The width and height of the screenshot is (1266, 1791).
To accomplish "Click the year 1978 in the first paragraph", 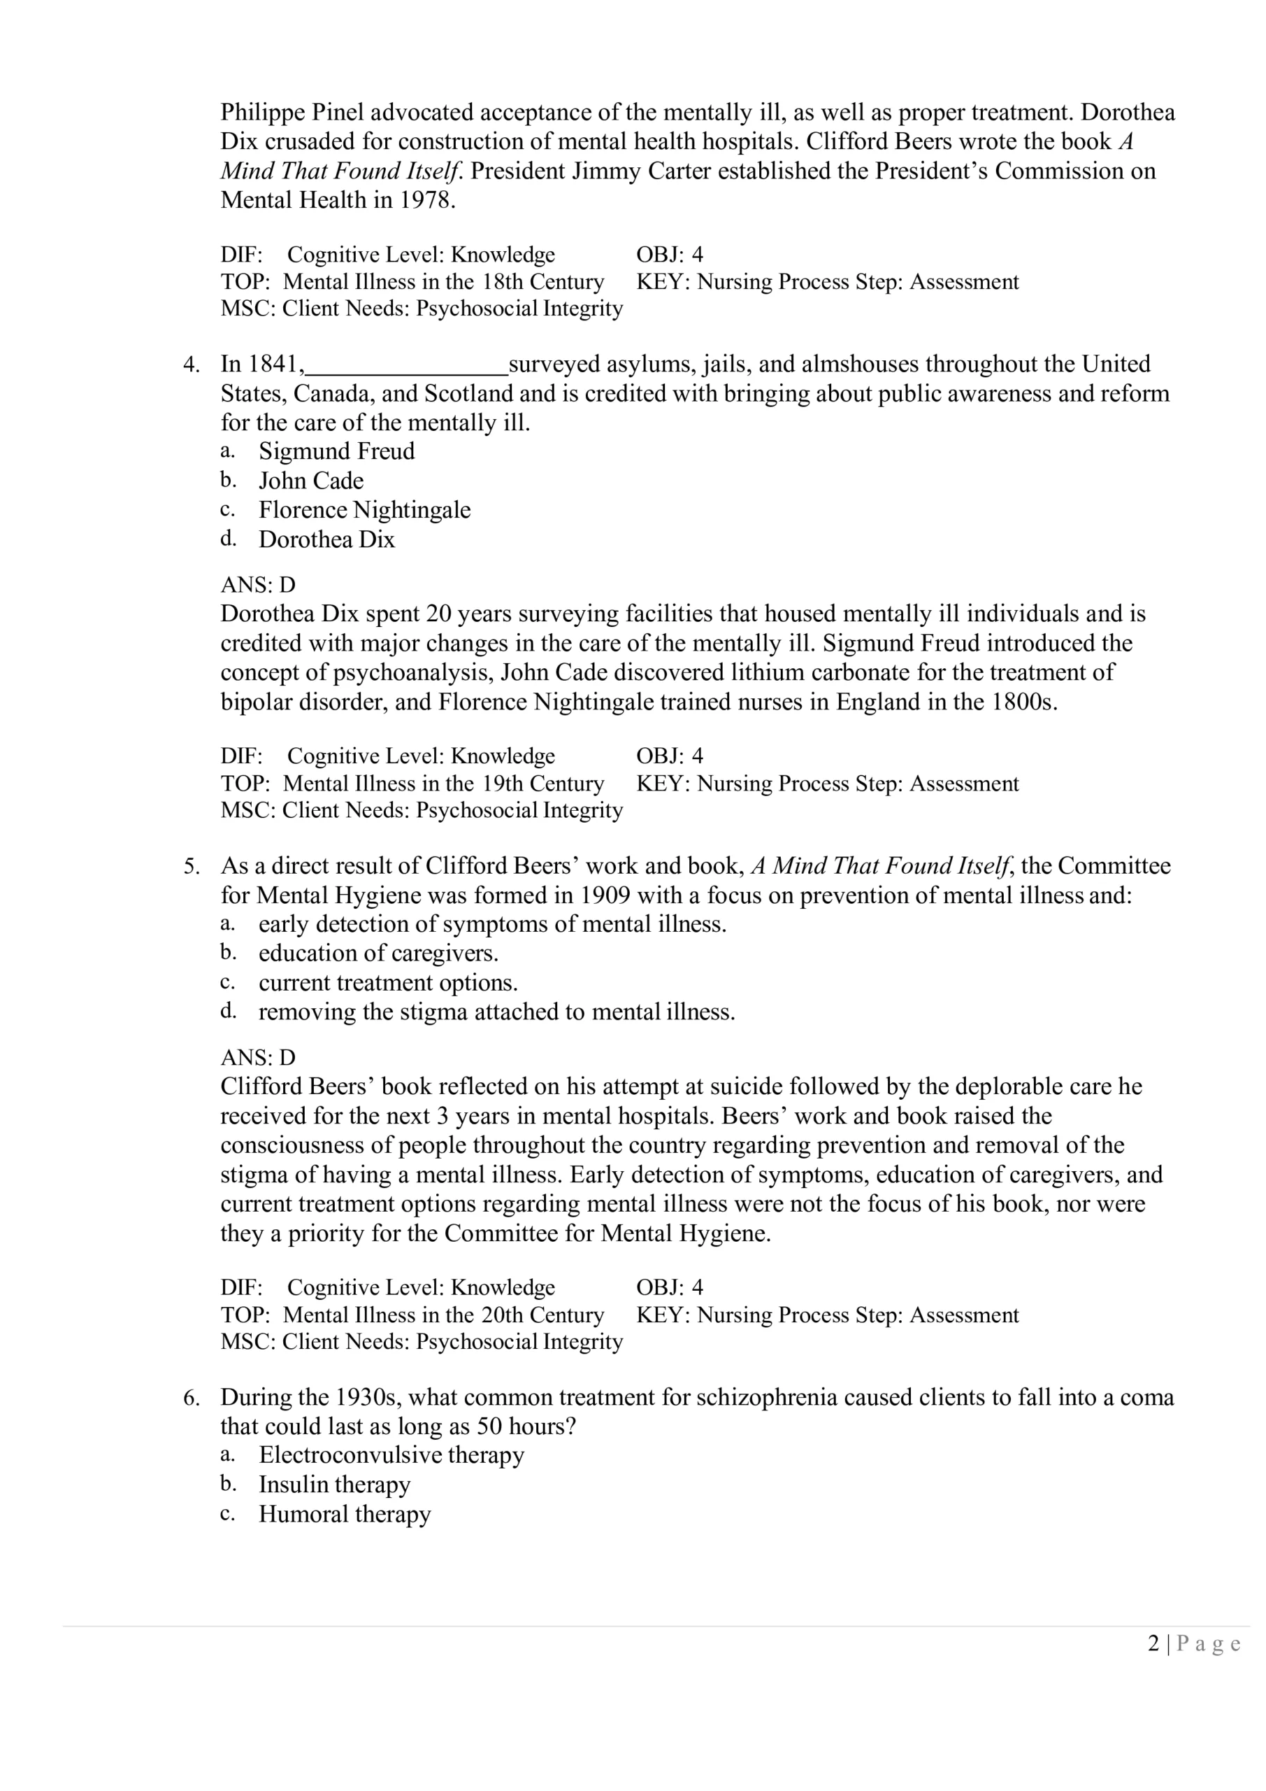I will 425,201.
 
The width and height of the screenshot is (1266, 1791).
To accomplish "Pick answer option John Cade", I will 311,481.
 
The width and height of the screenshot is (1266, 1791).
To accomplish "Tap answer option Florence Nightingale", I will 364,510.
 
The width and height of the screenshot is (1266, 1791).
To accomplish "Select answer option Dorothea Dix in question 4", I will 326,540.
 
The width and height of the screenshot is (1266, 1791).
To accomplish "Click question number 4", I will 191,364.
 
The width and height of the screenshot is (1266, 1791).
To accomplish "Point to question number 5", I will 191,866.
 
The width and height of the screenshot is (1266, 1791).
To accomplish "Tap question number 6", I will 191,1397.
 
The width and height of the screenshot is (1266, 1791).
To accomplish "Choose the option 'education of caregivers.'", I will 378,954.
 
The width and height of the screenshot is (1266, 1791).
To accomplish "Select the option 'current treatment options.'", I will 388,983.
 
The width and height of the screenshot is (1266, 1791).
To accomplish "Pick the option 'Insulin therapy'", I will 334,1485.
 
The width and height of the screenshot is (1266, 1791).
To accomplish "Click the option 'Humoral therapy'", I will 345,1514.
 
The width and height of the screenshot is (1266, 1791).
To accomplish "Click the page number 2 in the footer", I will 1153,1644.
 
